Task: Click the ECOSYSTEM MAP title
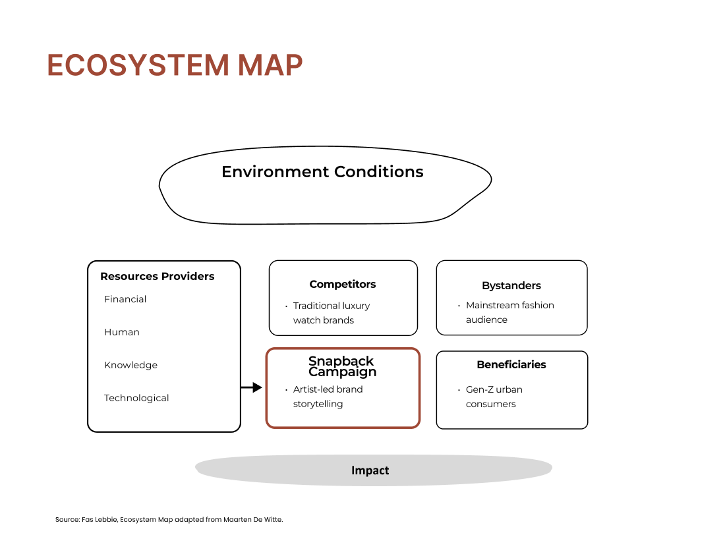pos(175,65)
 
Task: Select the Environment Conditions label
pos(322,171)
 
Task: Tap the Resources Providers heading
pos(158,276)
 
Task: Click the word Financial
pos(125,299)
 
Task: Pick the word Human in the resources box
pos(122,332)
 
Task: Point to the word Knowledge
pos(131,365)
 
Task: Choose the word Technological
pos(136,398)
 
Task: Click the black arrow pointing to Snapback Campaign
pos(252,387)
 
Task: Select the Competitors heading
pos(343,284)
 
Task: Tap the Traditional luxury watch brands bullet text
pos(332,313)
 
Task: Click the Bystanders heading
pos(511,285)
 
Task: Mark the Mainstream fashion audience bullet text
pos(510,312)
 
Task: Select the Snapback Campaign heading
pos(342,366)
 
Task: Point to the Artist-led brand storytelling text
pos(328,397)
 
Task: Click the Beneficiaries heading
pos(511,364)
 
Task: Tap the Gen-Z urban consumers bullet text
pos(494,397)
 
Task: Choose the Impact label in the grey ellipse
pos(370,470)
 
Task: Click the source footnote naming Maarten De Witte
pos(169,519)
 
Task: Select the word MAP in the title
pos(270,65)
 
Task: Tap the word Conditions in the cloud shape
pos(379,171)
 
